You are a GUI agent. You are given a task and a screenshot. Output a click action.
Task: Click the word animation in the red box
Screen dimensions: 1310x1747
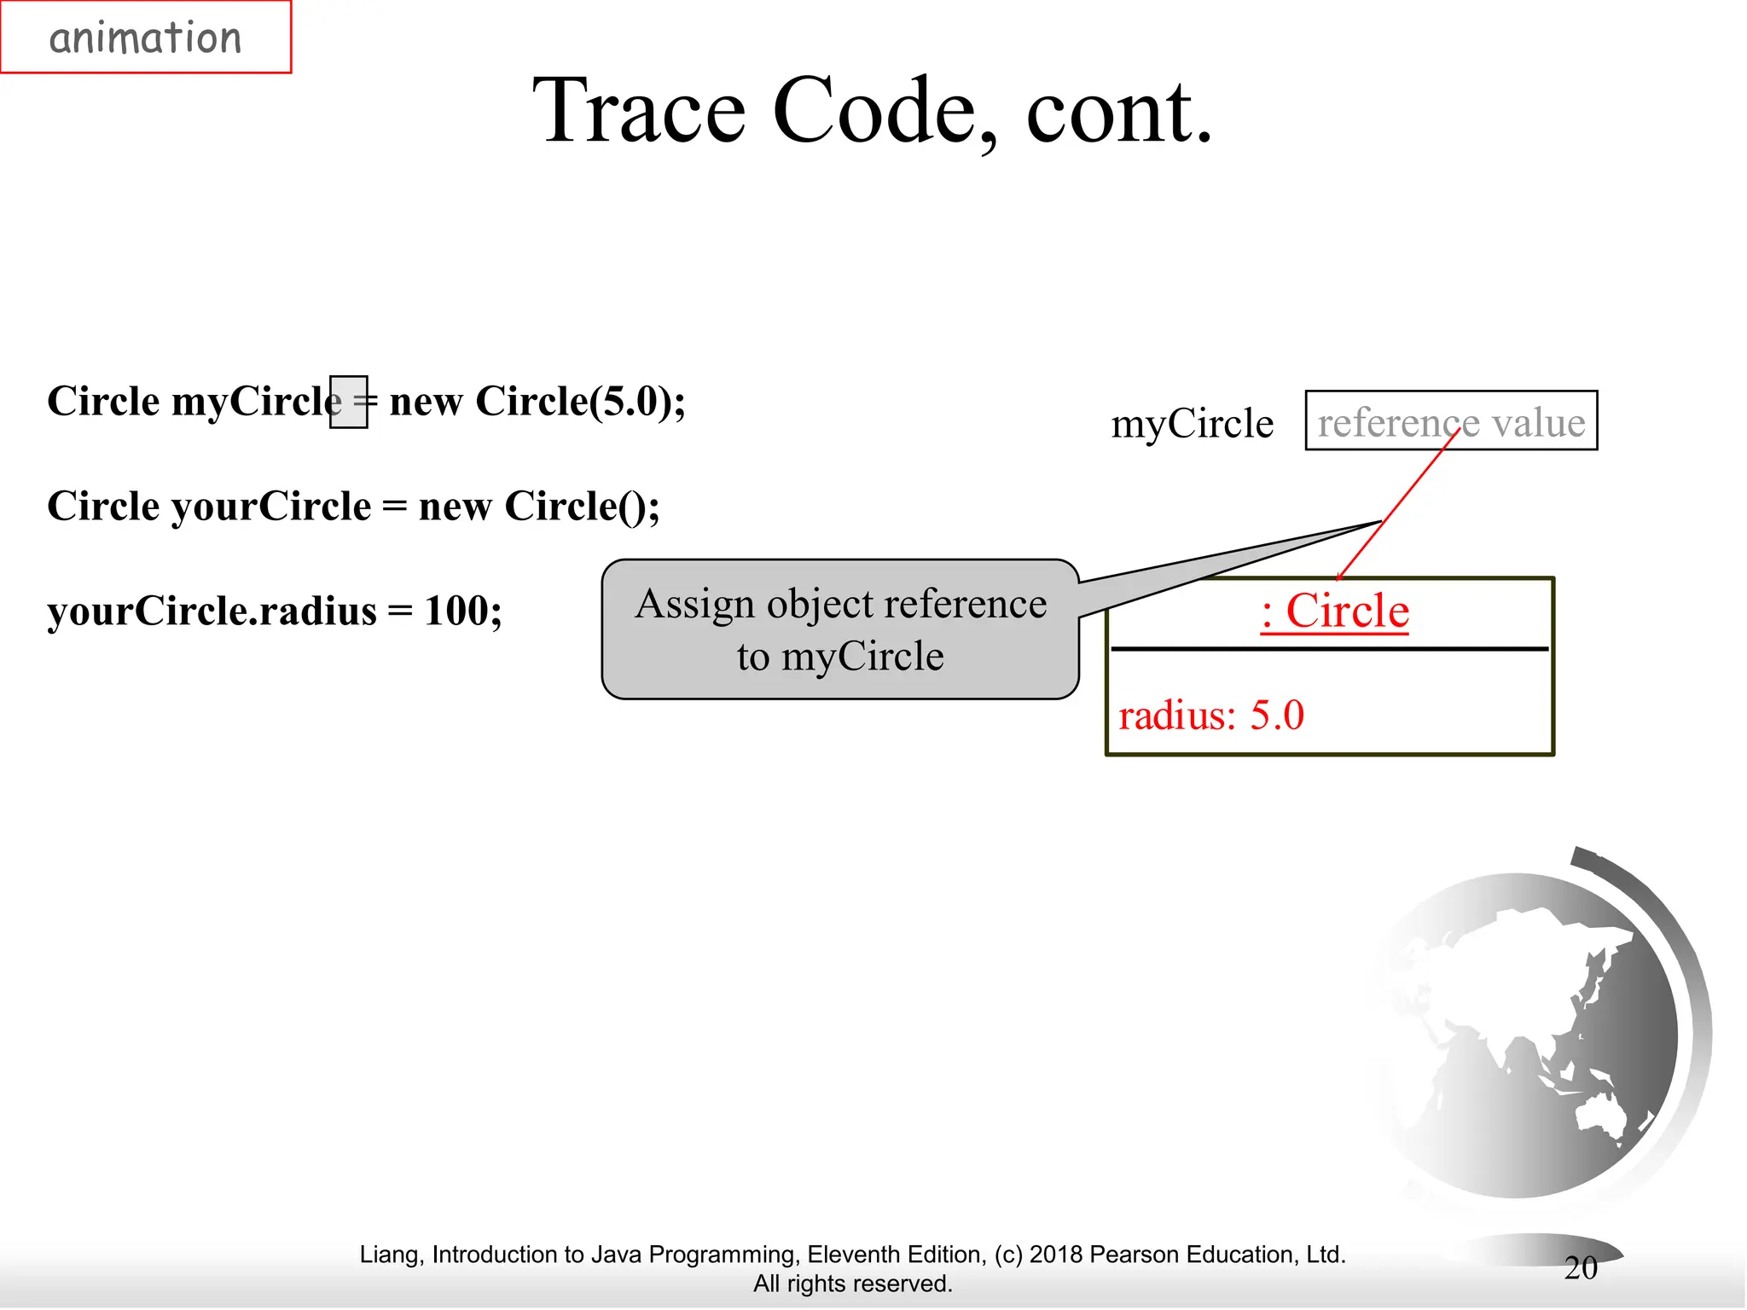[x=145, y=38]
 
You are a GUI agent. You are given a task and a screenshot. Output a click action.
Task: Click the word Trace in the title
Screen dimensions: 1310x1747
[x=639, y=111]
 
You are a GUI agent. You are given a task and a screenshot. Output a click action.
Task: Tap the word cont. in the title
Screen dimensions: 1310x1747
[x=1118, y=111]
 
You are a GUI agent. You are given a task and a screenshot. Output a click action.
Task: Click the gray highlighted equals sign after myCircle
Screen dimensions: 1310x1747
[x=350, y=402]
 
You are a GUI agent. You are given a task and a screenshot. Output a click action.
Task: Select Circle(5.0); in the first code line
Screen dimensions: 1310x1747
[x=580, y=402]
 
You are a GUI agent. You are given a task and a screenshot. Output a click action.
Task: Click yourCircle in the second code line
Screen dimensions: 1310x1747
[x=271, y=507]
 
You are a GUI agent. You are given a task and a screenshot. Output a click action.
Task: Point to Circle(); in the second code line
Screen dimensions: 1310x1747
[x=582, y=507]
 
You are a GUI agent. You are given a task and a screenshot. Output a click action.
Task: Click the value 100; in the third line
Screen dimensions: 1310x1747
[x=463, y=611]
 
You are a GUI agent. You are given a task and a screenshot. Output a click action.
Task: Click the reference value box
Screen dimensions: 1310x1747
[x=1450, y=421]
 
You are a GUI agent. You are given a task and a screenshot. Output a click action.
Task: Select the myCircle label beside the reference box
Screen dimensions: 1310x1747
[x=1192, y=424]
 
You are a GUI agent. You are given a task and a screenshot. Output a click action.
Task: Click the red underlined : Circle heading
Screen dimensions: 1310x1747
[x=1334, y=612]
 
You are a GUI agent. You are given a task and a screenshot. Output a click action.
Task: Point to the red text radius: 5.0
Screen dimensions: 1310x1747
[x=1210, y=716]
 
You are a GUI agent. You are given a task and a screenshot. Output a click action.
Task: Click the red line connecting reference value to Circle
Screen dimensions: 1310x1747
[x=1399, y=503]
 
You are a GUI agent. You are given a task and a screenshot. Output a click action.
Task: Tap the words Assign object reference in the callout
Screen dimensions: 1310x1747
[x=840, y=604]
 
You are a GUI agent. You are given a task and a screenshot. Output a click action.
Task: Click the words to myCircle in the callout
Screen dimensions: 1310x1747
[x=840, y=657]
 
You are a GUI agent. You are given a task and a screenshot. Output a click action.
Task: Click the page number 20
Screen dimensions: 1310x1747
[x=1581, y=1267]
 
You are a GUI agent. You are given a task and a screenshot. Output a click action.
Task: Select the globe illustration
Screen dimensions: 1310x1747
[x=1527, y=1032]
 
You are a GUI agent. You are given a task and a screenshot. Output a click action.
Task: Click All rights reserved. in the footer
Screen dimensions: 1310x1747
[x=852, y=1284]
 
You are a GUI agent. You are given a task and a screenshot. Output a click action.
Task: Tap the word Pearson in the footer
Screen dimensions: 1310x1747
[x=1135, y=1255]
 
